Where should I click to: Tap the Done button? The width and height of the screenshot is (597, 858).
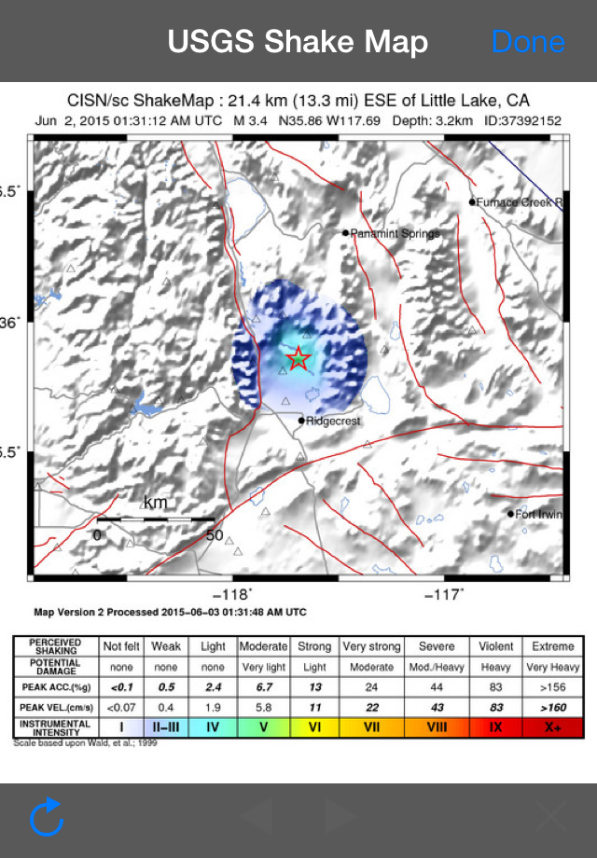click(528, 42)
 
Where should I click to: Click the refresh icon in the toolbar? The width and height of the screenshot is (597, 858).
click(47, 818)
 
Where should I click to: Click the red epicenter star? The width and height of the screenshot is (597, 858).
click(298, 358)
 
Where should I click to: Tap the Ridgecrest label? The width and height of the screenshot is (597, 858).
click(334, 421)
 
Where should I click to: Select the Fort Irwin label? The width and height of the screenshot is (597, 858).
click(540, 513)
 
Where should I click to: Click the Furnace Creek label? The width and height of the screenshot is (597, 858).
click(521, 202)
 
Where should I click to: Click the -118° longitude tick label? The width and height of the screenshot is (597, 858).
click(232, 595)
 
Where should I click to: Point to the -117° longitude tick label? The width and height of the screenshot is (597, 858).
click(444, 595)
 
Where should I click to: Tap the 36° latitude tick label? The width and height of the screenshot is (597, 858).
click(11, 323)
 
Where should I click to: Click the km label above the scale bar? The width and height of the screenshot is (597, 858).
click(156, 503)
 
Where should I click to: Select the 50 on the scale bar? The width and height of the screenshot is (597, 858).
click(214, 535)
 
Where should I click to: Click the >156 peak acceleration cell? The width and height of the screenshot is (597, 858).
click(552, 685)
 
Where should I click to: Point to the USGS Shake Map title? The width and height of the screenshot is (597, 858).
click(298, 42)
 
